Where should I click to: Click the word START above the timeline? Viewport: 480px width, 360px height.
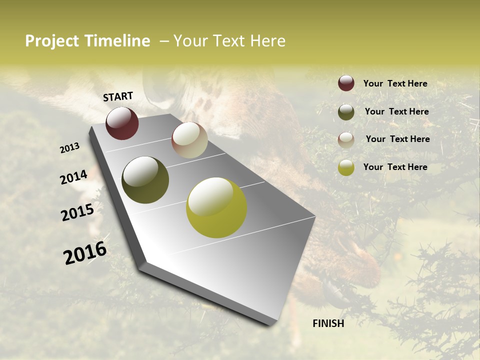[118, 96]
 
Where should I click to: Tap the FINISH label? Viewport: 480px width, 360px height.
[328, 323]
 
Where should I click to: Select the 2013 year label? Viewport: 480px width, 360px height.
[70, 148]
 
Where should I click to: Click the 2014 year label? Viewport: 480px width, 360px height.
[74, 177]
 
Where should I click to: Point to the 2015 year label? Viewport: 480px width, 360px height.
[77, 212]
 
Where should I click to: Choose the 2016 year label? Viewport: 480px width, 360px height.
[85, 253]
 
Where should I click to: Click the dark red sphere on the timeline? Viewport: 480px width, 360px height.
[122, 123]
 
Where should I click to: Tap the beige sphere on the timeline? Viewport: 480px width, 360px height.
[189, 140]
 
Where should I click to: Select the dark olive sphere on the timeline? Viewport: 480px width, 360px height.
[145, 180]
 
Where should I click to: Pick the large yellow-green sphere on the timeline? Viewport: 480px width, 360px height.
[216, 207]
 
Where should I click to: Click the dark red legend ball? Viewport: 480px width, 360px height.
[346, 83]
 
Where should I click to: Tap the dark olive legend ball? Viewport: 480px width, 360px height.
[346, 112]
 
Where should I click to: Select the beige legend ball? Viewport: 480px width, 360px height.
[346, 140]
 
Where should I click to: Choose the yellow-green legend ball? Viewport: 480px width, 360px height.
[346, 167]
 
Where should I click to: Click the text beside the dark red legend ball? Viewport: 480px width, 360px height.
[395, 83]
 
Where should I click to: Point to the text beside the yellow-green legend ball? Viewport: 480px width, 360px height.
[395, 167]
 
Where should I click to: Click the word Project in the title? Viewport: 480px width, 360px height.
[52, 41]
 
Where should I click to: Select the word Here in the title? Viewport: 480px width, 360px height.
[267, 41]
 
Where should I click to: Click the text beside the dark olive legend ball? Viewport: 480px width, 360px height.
[396, 111]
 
